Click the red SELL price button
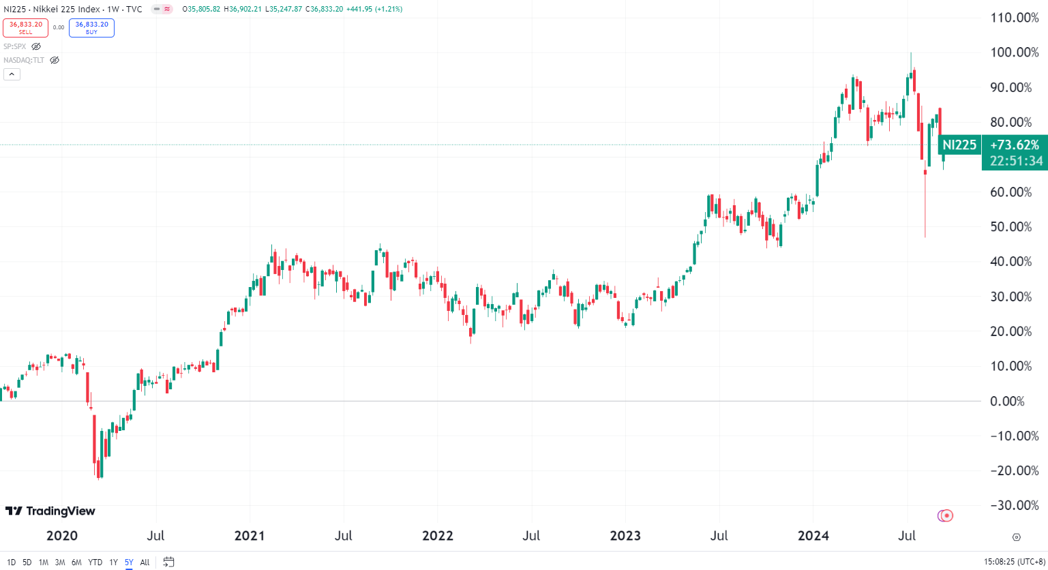coord(26,27)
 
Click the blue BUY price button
coord(91,27)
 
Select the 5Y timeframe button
coord(129,562)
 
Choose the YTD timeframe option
coord(95,562)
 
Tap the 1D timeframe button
coord(11,562)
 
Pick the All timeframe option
coord(145,562)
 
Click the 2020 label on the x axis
coord(61,536)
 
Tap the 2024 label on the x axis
coord(813,536)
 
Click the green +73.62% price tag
coord(1015,145)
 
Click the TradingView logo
coord(50,511)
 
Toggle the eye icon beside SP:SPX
coord(36,46)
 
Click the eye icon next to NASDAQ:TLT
coord(55,60)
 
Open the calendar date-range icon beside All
coord(168,562)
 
